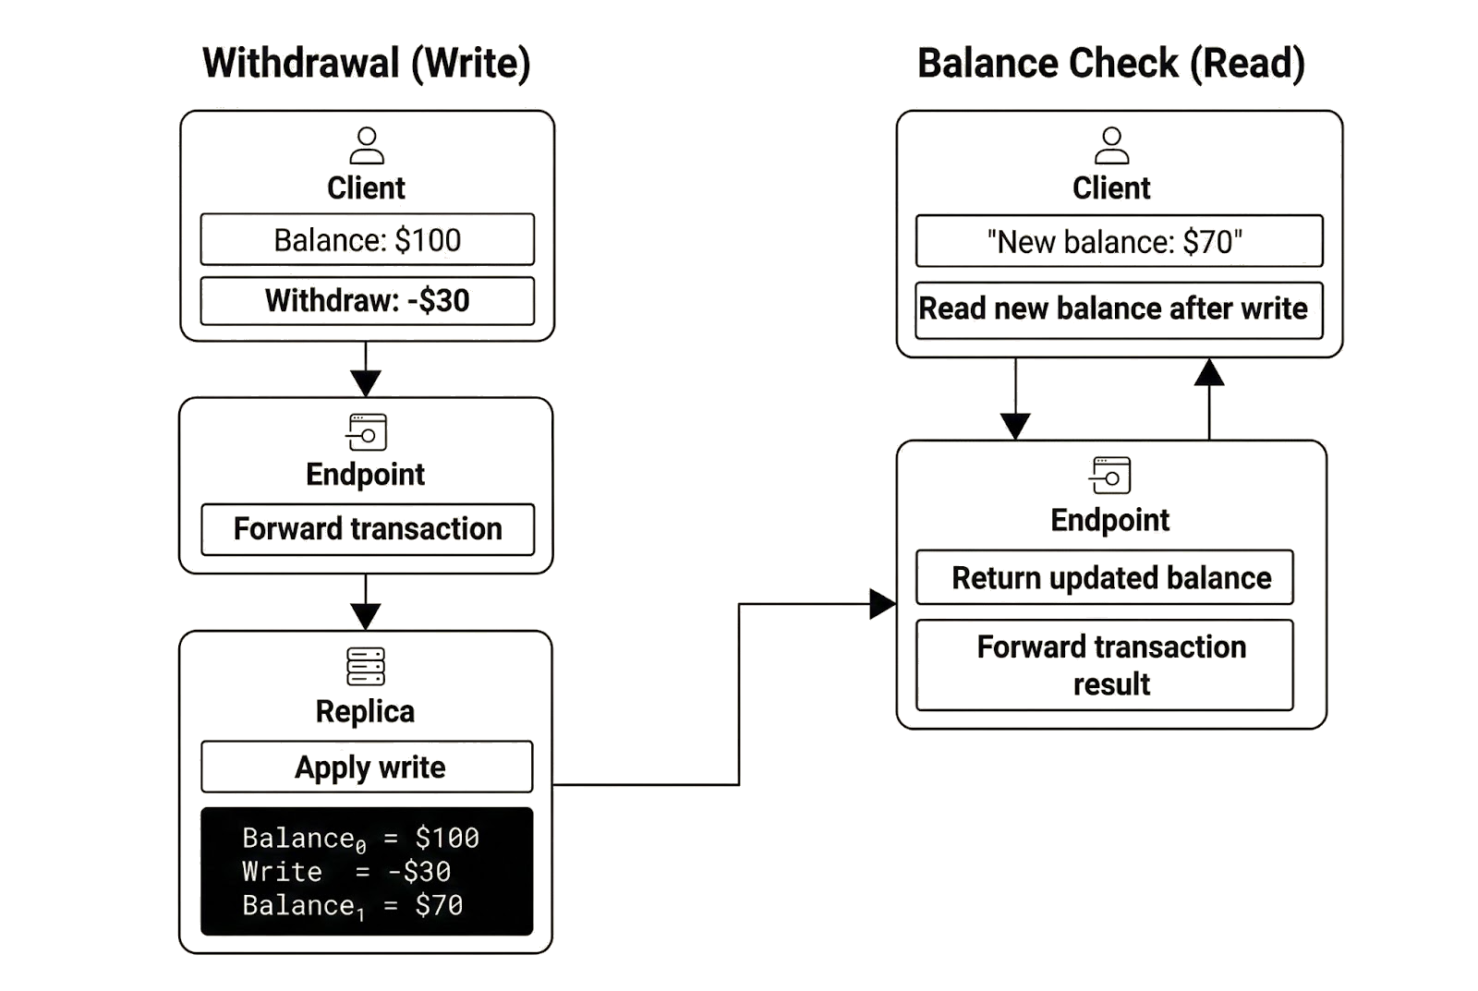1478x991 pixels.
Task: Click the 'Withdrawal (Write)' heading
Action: click(367, 65)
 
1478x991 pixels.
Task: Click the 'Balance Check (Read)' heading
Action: click(1111, 65)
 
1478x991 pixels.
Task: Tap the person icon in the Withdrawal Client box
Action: click(367, 147)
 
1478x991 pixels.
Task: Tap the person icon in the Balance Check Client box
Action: click(1111, 147)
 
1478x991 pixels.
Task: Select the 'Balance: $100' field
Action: click(368, 240)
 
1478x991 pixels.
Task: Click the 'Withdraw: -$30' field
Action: click(368, 300)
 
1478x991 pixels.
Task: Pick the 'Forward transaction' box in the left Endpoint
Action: click(368, 529)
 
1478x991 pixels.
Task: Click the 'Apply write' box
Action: click(368, 767)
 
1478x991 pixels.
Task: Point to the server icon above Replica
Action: click(367, 665)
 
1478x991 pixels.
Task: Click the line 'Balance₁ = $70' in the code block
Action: click(353, 905)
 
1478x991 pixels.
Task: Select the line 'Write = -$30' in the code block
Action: click(346, 872)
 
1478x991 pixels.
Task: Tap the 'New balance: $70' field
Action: click(1119, 242)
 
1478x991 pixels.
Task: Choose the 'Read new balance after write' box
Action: click(1119, 308)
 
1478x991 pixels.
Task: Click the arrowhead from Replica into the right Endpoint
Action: click(882, 605)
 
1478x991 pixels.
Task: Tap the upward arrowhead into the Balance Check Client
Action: click(1209, 372)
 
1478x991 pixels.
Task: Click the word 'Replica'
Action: click(366, 712)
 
